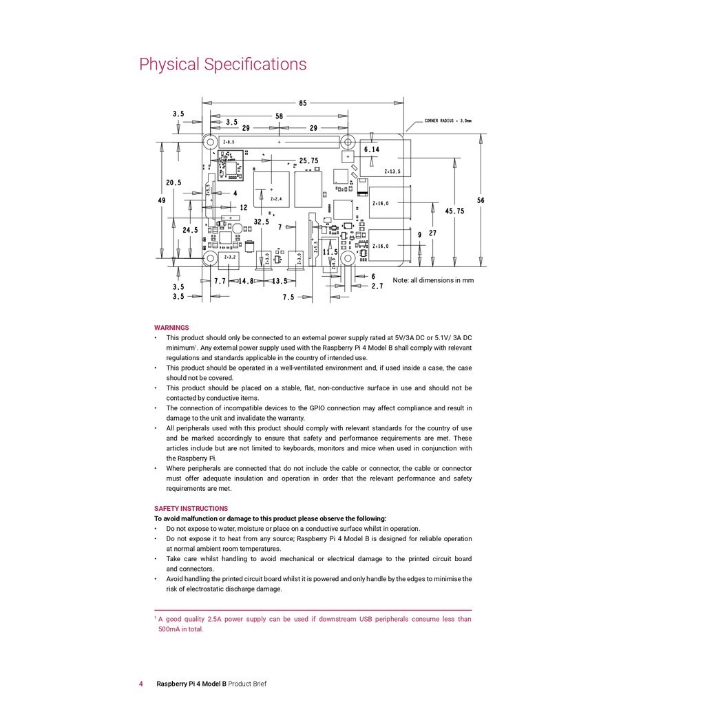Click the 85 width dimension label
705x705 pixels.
click(303, 103)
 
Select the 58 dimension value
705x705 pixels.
click(279, 116)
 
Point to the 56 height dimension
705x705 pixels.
click(481, 200)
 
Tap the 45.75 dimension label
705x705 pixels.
click(454, 211)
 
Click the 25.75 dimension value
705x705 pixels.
click(308, 160)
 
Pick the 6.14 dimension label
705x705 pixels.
click(371, 149)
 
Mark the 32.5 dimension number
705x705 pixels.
click(262, 222)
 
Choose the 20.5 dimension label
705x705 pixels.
click(173, 182)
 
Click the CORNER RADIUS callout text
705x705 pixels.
click(448, 120)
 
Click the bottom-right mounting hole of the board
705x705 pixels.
click(348, 258)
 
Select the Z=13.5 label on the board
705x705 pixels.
click(392, 171)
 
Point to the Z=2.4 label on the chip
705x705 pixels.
click(275, 199)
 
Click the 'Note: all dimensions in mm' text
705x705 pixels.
click(433, 280)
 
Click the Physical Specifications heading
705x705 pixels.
click(222, 64)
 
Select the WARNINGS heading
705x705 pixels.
click(171, 328)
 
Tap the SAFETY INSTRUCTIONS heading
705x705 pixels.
click(191, 509)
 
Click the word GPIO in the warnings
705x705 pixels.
click(317, 408)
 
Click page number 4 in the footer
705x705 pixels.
click(141, 684)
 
